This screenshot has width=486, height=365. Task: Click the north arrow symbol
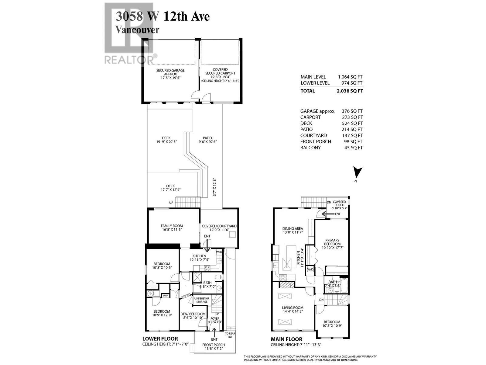tap(358, 173)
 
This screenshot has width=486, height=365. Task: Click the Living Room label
tap(293, 309)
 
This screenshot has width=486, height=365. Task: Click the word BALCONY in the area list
tap(310, 148)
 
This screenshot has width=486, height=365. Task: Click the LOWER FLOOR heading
tap(160, 339)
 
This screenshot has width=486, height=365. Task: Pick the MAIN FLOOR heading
tap(286, 339)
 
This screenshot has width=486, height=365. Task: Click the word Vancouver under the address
tap(137, 30)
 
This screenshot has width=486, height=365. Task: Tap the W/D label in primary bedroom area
tap(310, 269)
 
